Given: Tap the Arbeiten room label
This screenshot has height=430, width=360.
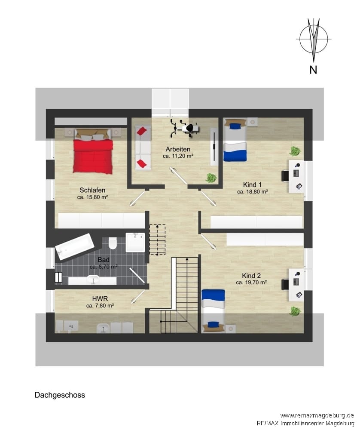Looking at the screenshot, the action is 178,150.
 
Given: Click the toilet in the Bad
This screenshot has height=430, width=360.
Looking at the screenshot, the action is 112,243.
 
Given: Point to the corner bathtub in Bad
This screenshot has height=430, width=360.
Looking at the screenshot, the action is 74,246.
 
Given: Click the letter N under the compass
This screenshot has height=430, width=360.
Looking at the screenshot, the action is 313,70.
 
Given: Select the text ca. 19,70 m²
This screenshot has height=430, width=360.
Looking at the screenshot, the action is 251,282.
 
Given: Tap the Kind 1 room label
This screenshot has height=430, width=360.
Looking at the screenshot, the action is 252,184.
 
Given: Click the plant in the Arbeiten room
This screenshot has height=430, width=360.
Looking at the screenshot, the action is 211,178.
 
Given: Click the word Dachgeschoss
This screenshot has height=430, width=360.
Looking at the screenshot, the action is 60,395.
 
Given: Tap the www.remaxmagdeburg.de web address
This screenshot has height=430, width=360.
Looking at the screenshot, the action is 317,415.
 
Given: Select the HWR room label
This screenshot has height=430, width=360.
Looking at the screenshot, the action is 100,299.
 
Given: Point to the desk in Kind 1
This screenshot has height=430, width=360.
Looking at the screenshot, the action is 296,176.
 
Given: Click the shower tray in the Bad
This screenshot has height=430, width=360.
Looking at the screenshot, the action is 135,243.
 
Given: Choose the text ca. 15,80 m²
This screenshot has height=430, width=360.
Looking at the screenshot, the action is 92,197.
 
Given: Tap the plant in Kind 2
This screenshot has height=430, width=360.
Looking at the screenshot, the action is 295,311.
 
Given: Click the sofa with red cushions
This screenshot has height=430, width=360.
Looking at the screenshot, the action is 143,148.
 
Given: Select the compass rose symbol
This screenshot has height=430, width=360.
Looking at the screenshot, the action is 314,40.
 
